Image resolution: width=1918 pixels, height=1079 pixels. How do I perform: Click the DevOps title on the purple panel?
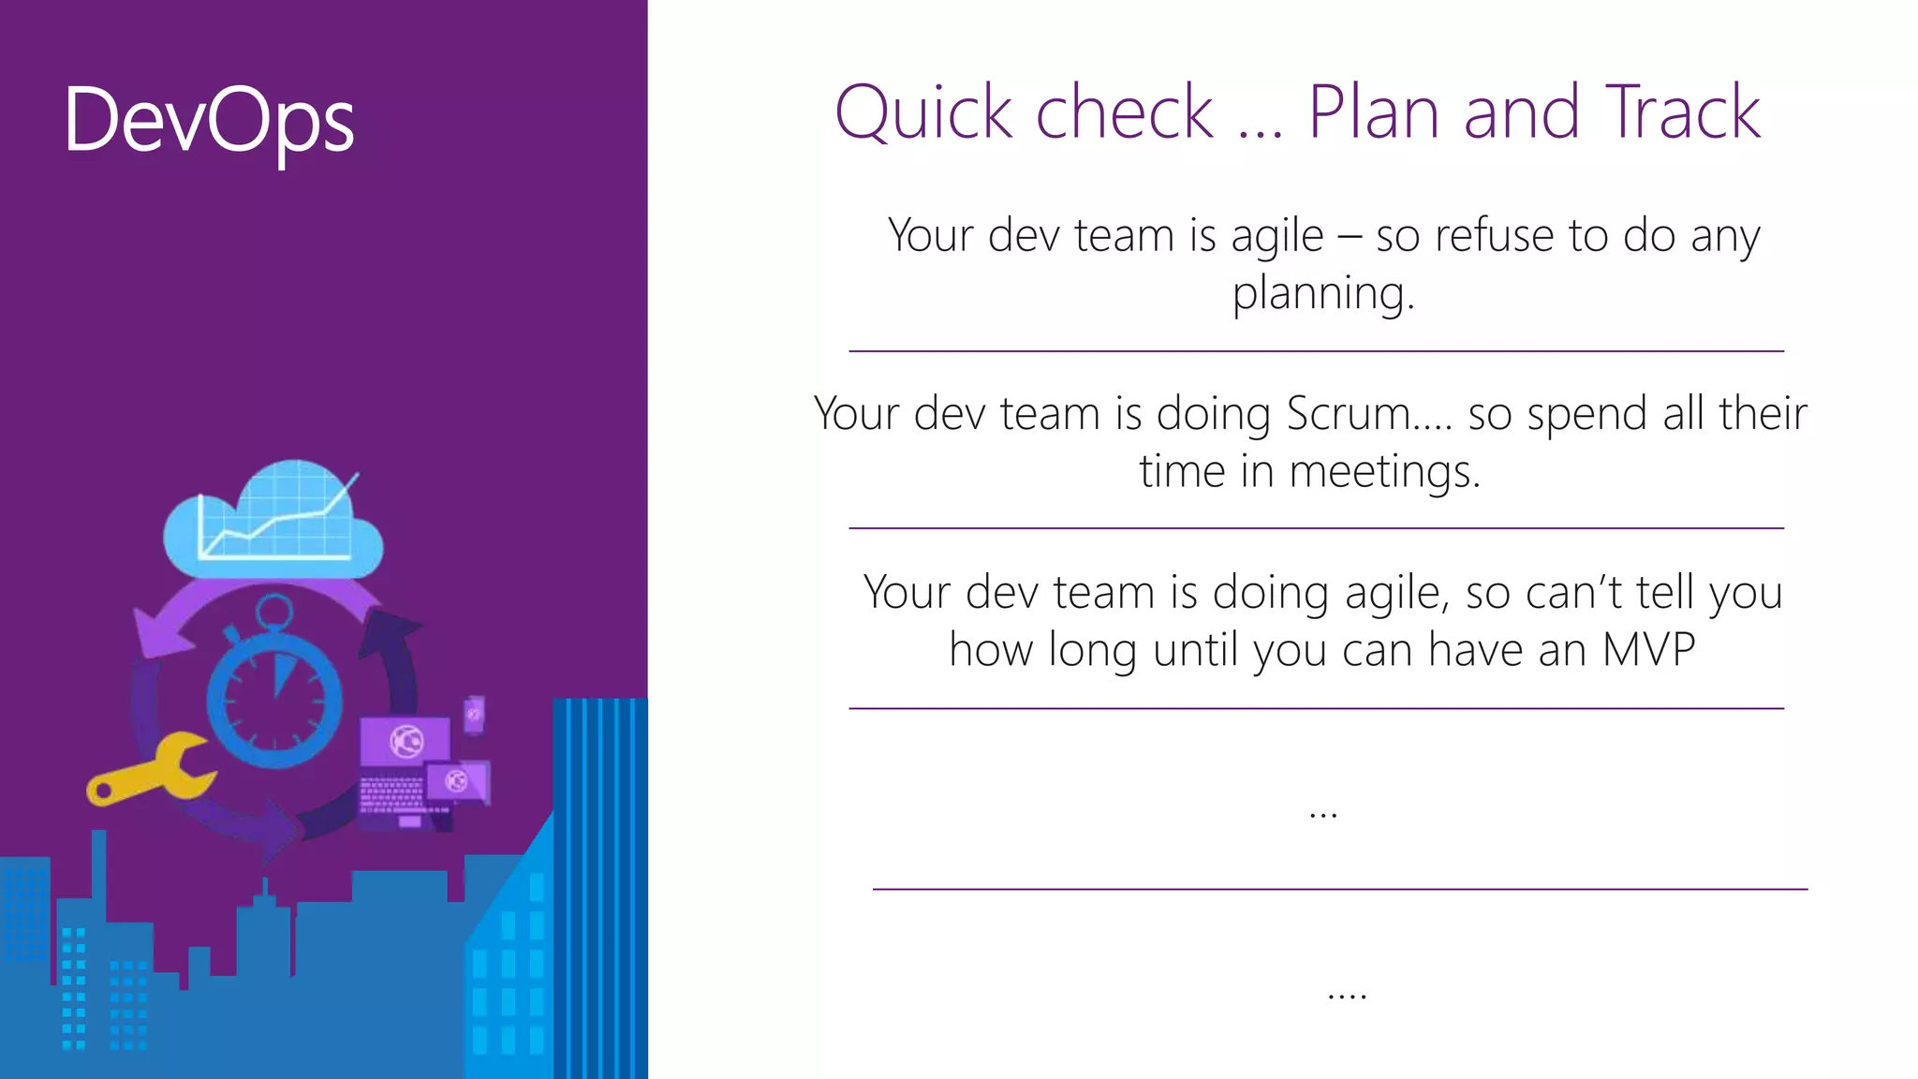pyautogui.click(x=209, y=122)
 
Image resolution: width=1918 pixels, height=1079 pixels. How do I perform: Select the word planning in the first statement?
pyautogui.click(x=1321, y=293)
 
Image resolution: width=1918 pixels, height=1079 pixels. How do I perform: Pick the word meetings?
pyautogui.click(x=1385, y=471)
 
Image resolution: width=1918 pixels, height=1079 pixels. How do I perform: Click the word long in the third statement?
pyautogui.click(x=1092, y=650)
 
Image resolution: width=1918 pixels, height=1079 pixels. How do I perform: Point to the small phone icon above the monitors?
pyautogui.click(x=475, y=715)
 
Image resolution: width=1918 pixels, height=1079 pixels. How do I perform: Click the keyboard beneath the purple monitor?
pyautogui.click(x=391, y=795)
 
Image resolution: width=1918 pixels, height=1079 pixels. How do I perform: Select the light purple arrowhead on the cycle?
pyautogui.click(x=154, y=635)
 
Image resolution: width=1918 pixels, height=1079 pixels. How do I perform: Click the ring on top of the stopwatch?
pyautogui.click(x=274, y=613)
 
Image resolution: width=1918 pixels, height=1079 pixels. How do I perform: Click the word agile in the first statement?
pyautogui.click(x=1276, y=235)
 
